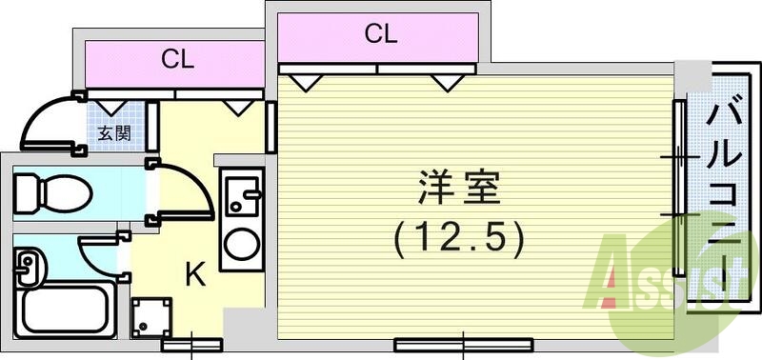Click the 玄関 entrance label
tap(115, 133)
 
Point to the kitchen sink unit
tap(245, 197)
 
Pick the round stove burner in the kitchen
tap(245, 247)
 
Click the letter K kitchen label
tap(194, 276)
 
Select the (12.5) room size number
tap(458, 238)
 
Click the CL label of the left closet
tap(177, 60)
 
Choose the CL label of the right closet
tap(380, 35)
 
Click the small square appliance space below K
tap(151, 316)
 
